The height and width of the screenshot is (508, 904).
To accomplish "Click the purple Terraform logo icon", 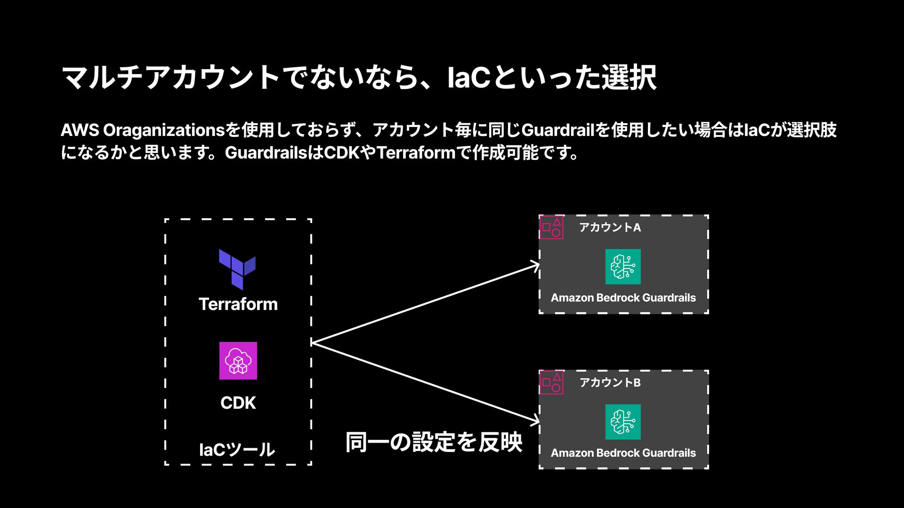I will [x=237, y=269].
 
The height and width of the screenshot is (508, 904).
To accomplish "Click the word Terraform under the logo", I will [x=238, y=304].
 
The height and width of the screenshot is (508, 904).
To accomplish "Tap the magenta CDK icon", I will [x=238, y=361].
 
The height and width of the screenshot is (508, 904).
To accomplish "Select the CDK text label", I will [x=238, y=403].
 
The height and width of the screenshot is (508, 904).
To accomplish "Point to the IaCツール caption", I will [x=237, y=450].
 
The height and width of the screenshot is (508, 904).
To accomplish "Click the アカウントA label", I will [x=610, y=228].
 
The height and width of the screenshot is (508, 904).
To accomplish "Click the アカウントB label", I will [x=610, y=383].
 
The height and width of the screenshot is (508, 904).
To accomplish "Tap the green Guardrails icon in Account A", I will [x=623, y=267].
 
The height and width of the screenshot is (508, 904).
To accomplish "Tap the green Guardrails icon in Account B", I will [x=623, y=422].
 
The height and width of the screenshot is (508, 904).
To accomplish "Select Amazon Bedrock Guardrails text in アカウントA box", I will [x=623, y=298].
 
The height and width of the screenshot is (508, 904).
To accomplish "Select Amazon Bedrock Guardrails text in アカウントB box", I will [x=623, y=453].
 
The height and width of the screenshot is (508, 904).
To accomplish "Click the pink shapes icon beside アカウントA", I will [x=551, y=228].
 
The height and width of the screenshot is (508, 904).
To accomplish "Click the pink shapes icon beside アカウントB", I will [x=551, y=382].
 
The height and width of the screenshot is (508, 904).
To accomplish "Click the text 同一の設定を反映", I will [x=434, y=442].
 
